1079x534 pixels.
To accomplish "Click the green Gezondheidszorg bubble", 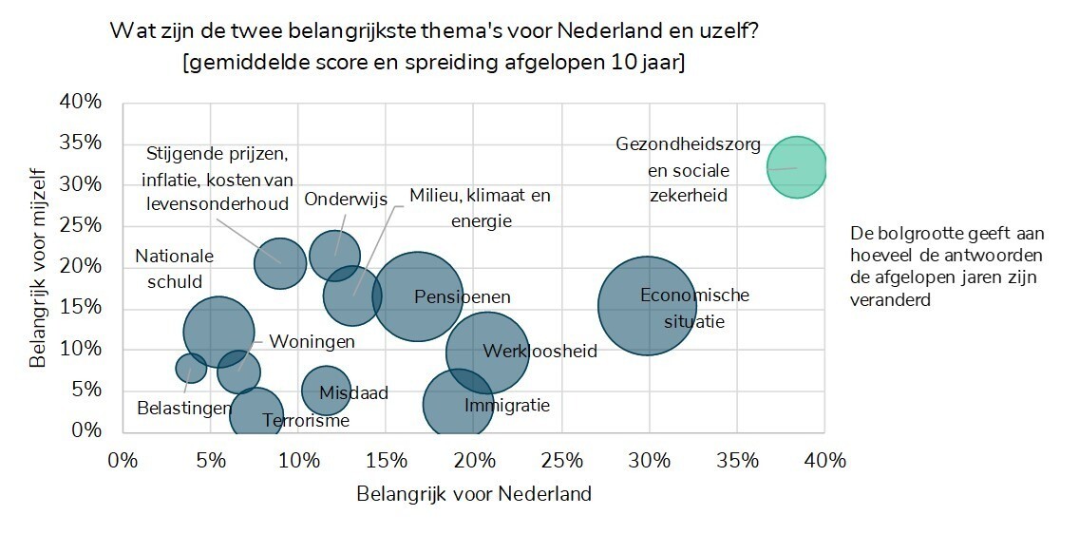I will (796, 168).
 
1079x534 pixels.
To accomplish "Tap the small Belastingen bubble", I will (191, 368).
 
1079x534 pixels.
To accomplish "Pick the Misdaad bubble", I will (326, 390).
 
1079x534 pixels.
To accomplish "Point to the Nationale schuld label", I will (174, 268).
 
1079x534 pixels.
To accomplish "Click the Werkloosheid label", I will (539, 352).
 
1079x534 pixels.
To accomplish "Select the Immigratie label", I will (506, 406).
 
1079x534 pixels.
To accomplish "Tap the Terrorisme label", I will (306, 421).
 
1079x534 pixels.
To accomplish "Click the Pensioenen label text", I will (462, 297).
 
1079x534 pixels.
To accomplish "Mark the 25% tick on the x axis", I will (561, 461).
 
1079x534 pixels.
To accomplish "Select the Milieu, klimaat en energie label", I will (480, 208).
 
